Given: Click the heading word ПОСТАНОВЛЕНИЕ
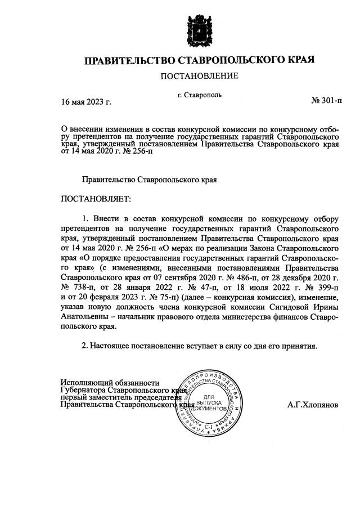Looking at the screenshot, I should [200, 75].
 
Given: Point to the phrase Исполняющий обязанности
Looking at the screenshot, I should [106, 382].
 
